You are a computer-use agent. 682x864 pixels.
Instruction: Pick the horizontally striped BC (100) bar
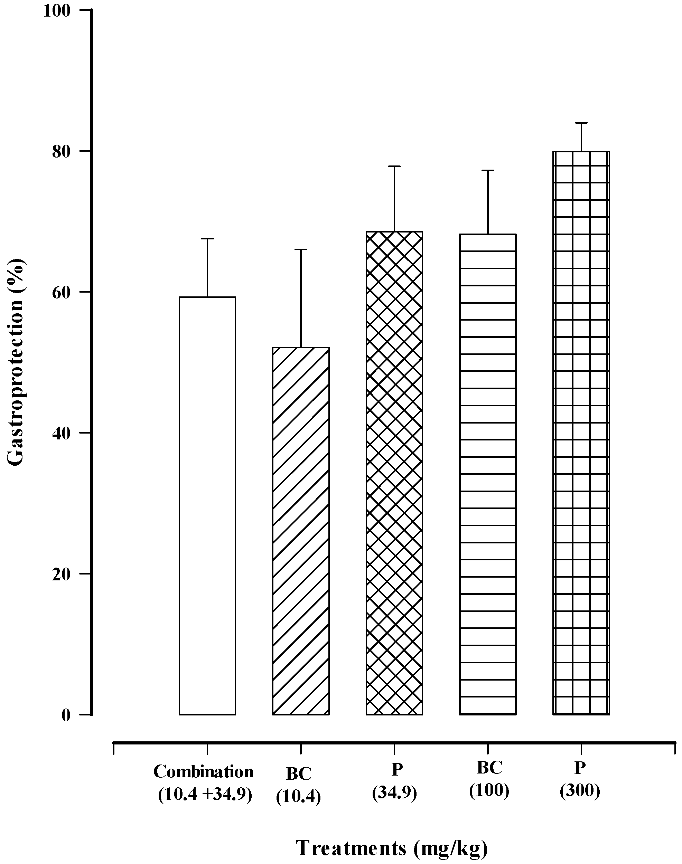(488, 473)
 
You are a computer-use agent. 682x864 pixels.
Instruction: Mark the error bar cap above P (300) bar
(581, 123)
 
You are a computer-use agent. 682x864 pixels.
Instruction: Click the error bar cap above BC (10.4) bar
(301, 249)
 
